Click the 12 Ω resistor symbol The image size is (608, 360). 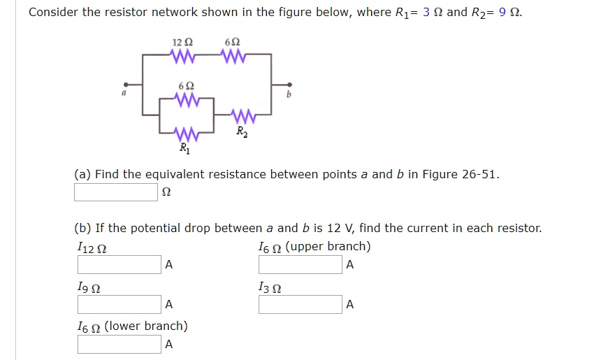[184, 54]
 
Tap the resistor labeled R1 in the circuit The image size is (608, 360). [185, 132]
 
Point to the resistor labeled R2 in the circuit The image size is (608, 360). [242, 114]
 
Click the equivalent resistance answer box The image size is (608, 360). [116, 192]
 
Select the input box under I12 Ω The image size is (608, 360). [120, 265]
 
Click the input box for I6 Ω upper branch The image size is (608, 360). [301, 265]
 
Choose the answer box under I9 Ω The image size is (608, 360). [120, 305]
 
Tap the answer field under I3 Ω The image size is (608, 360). [301, 305]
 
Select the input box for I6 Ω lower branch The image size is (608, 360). [120, 345]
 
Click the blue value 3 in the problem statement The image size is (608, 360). [427, 13]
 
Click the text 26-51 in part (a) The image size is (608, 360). [480, 174]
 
